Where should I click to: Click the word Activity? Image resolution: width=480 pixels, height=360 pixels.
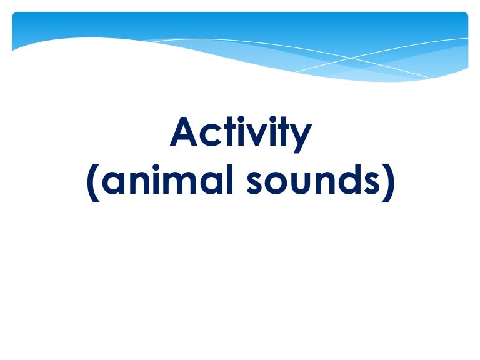241,134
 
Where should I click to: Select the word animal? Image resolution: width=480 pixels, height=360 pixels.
167,179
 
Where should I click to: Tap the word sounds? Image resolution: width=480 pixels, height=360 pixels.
313,179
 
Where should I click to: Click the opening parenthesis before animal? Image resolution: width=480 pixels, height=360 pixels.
93,182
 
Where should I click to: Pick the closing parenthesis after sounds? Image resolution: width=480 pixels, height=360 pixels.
388,182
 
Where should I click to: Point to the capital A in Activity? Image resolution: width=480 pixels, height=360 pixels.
183,132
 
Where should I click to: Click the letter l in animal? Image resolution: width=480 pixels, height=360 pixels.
231,179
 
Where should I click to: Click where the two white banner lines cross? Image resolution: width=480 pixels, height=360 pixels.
351,57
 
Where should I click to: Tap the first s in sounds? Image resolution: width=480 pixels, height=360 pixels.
256,182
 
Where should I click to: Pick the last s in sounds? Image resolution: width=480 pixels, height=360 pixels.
371,182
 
